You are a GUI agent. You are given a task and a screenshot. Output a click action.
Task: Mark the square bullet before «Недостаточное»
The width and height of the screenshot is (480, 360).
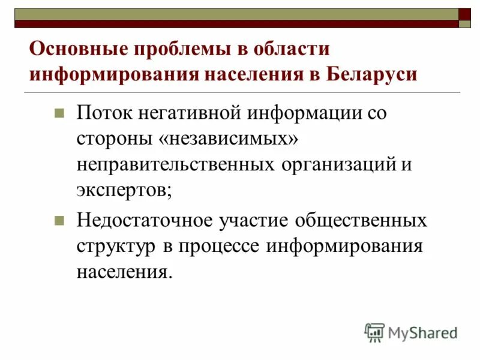click(59, 220)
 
